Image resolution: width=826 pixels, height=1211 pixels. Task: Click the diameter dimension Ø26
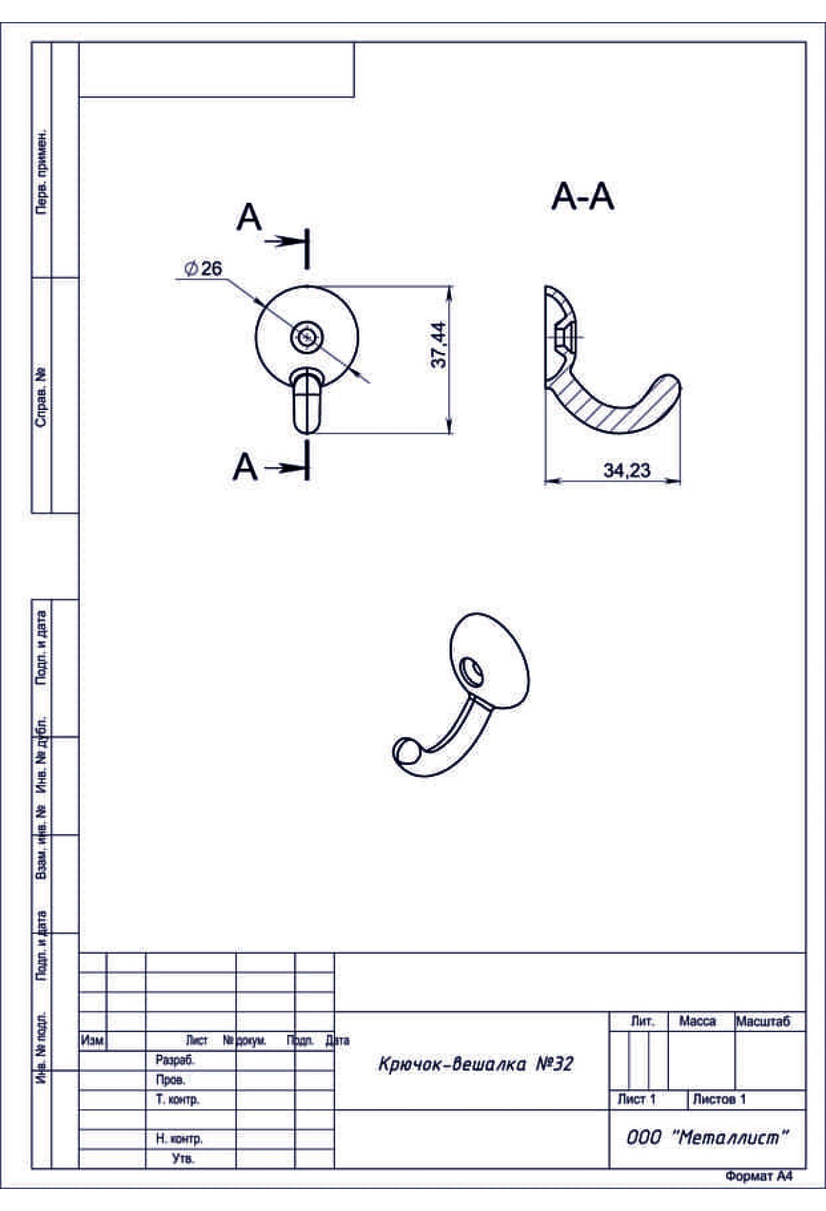point(204,268)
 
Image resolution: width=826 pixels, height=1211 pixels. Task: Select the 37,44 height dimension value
point(438,345)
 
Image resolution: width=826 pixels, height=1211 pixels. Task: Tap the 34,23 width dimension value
point(626,471)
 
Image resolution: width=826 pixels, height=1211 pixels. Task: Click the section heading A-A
point(582,197)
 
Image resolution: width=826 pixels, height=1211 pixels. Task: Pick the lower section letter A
point(245,467)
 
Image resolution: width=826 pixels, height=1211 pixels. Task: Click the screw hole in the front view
point(307,337)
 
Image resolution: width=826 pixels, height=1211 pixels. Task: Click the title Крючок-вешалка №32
point(475,1064)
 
